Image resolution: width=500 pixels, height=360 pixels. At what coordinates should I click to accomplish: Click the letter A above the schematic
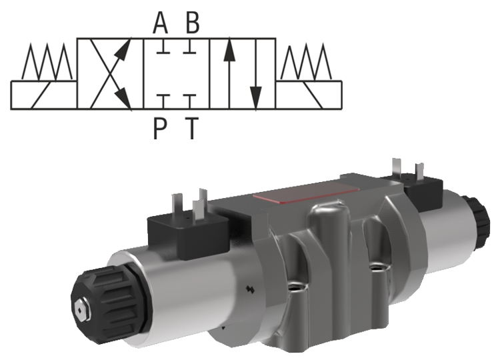coord(160,23)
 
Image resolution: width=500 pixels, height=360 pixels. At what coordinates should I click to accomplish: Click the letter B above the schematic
coord(192,23)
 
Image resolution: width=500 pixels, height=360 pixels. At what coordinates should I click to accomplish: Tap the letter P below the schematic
coord(160,126)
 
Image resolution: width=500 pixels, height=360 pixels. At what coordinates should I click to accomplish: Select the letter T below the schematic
coord(192,126)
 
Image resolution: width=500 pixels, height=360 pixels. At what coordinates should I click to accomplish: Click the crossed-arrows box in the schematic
coord(111,74)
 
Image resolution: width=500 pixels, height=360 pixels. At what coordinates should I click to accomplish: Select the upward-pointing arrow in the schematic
coord(228,70)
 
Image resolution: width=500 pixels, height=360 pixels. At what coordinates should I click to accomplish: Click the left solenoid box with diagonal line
coord(44,95)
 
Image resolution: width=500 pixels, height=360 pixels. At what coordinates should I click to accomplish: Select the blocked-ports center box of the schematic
coord(177,74)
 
